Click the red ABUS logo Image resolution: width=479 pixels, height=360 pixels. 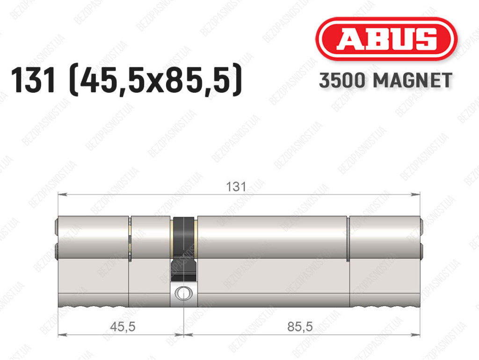386,39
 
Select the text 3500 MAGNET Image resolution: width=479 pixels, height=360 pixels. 385,81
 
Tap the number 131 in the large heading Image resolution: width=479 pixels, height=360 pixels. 33,81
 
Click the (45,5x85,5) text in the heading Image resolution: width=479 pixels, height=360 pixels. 156,81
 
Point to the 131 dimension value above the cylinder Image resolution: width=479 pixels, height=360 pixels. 236,186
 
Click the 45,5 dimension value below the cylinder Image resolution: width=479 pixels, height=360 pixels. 123,327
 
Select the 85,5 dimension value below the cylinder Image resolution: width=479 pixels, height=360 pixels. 300,327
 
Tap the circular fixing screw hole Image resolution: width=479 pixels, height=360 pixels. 183,294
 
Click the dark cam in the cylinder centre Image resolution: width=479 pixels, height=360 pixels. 183,249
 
